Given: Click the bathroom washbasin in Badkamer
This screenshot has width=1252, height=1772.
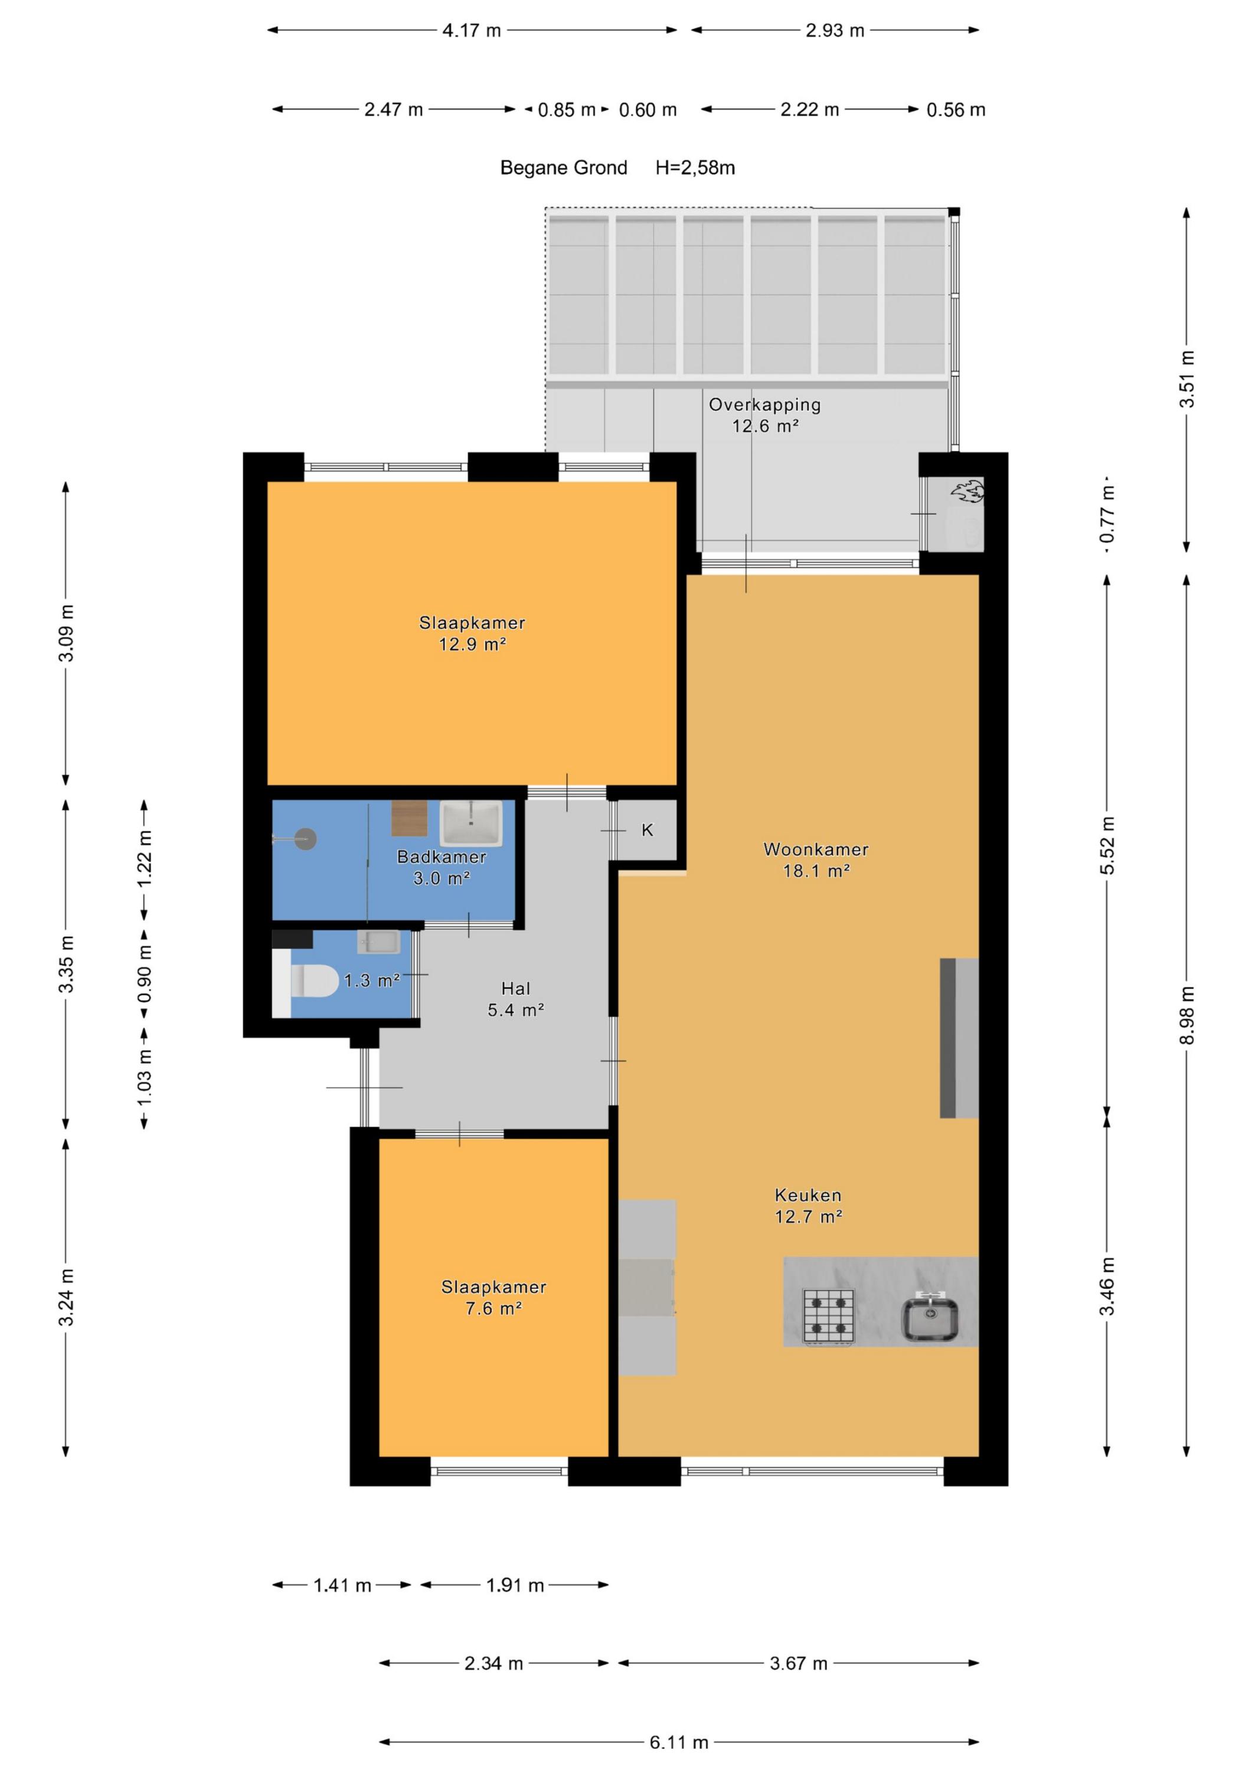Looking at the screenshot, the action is [470, 823].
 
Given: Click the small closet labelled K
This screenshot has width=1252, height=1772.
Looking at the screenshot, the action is [647, 830].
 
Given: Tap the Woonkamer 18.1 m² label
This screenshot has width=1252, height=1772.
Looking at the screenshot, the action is [816, 860].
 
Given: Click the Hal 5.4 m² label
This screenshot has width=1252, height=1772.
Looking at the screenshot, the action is [515, 999].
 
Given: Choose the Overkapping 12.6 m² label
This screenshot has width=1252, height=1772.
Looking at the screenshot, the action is [764, 415].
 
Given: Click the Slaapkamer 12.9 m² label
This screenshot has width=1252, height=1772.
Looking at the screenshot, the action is [472, 633].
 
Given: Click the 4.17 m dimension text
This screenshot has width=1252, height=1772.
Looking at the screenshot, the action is [471, 30].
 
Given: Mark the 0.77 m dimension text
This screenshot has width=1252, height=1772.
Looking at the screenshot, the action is [1108, 516].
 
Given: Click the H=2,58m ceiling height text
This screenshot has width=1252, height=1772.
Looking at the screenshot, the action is [695, 168].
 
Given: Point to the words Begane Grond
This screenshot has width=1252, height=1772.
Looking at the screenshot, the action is [564, 168].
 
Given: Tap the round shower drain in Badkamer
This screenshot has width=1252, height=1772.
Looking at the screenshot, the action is [306, 839].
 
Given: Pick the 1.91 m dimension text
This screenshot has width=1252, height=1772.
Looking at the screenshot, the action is [515, 1585].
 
